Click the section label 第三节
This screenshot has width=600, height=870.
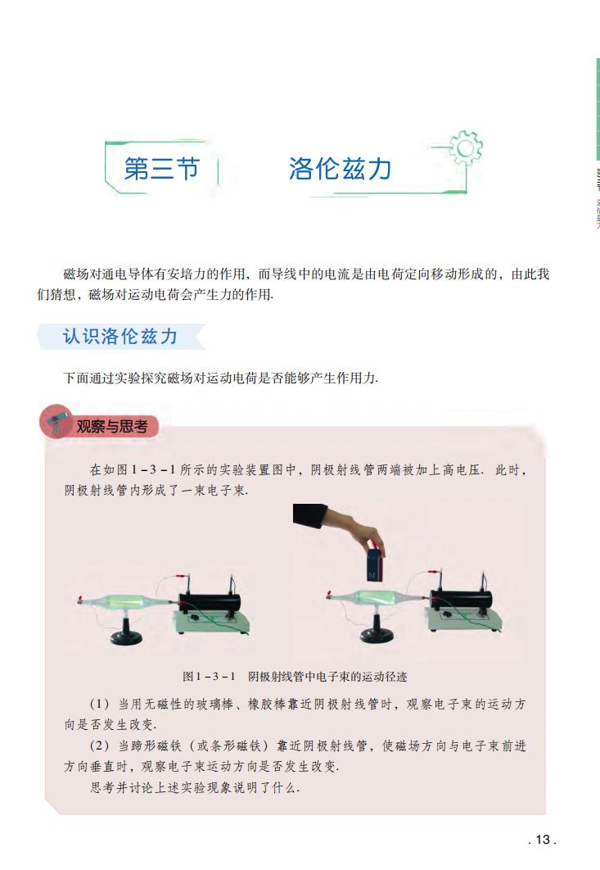tap(162, 169)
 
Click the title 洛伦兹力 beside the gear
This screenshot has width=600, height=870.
tap(340, 169)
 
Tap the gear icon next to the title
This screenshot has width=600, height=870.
tap(467, 147)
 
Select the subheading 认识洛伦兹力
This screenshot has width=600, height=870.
tap(120, 337)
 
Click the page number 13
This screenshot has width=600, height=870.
tap(542, 839)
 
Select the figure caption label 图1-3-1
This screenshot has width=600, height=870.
tap(210, 677)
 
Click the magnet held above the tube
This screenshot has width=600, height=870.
tap(376, 565)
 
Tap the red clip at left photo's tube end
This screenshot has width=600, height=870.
tap(79, 601)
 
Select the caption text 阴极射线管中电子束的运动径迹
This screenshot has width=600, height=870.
tap(327, 677)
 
